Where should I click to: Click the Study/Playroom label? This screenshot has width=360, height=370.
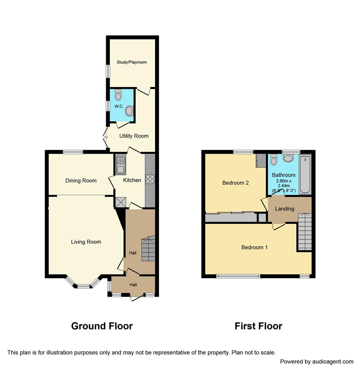tap(132, 62)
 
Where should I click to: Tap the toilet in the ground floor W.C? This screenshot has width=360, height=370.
tap(118, 95)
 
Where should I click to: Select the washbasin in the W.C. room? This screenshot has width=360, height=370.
tap(129, 111)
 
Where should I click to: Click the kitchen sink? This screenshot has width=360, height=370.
tap(121, 165)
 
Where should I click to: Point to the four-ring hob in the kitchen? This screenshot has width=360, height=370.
tap(150, 179)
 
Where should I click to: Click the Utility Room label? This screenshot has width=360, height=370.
tap(134, 136)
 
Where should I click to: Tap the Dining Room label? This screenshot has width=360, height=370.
tap(81, 181)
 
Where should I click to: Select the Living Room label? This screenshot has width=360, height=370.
tap(86, 242)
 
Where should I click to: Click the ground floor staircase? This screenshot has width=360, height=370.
tap(148, 249)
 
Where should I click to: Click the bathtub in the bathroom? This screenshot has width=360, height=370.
tap(305, 175)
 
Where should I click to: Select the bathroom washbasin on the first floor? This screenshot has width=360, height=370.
tap(289, 158)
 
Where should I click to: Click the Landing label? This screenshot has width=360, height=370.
tap(284, 209)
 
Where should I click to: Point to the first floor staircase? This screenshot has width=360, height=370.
tap(304, 232)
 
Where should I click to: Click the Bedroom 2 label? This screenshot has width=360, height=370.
tap(235, 183)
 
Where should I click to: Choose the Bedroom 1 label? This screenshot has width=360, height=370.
tap(255, 247)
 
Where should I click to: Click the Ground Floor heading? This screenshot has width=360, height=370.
tap(102, 326)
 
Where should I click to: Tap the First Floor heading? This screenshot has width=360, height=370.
tap(258, 326)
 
